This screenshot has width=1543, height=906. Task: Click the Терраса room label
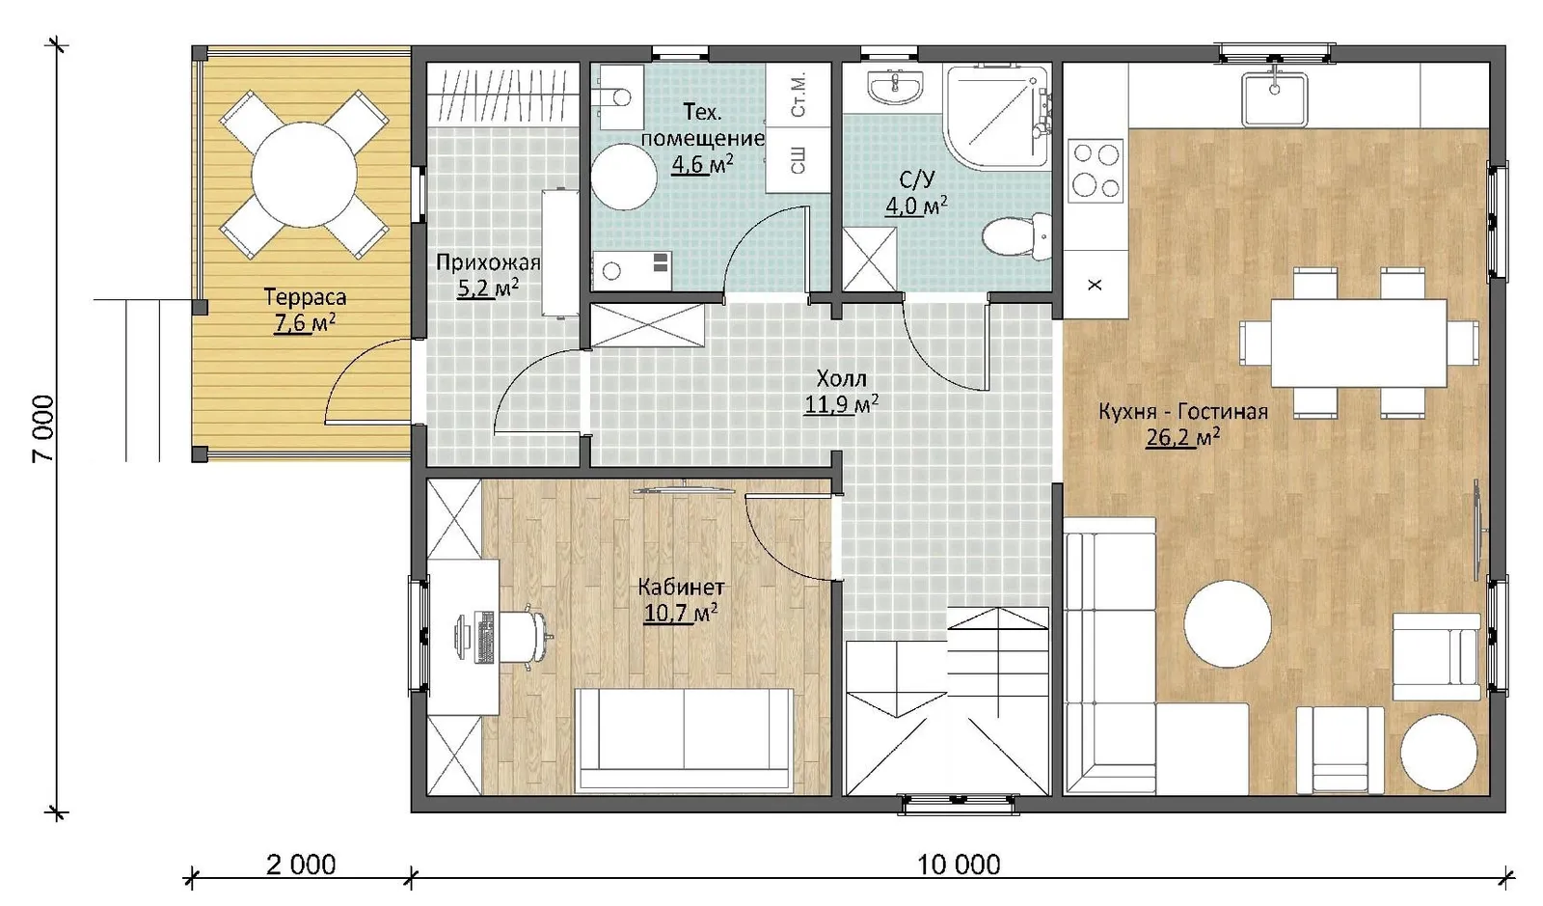(x=305, y=297)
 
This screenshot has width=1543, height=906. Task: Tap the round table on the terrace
(x=305, y=175)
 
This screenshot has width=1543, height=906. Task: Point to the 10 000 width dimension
(x=959, y=864)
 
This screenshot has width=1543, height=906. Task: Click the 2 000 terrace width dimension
(x=301, y=864)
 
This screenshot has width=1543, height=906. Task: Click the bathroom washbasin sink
(x=895, y=87)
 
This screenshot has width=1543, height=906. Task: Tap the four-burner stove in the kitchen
(x=1096, y=170)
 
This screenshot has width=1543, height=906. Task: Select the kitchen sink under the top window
(x=1274, y=100)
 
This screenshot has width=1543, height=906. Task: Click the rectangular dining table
(x=1359, y=343)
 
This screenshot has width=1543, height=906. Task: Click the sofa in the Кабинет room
(x=684, y=739)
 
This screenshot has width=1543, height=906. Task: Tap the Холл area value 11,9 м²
(x=841, y=404)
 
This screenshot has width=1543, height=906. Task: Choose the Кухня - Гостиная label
(x=1182, y=411)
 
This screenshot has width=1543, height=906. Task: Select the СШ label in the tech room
(x=799, y=159)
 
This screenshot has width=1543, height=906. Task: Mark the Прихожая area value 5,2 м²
(x=488, y=288)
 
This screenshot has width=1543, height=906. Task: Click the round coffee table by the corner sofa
(x=1228, y=624)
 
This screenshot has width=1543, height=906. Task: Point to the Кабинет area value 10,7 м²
(x=681, y=613)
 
